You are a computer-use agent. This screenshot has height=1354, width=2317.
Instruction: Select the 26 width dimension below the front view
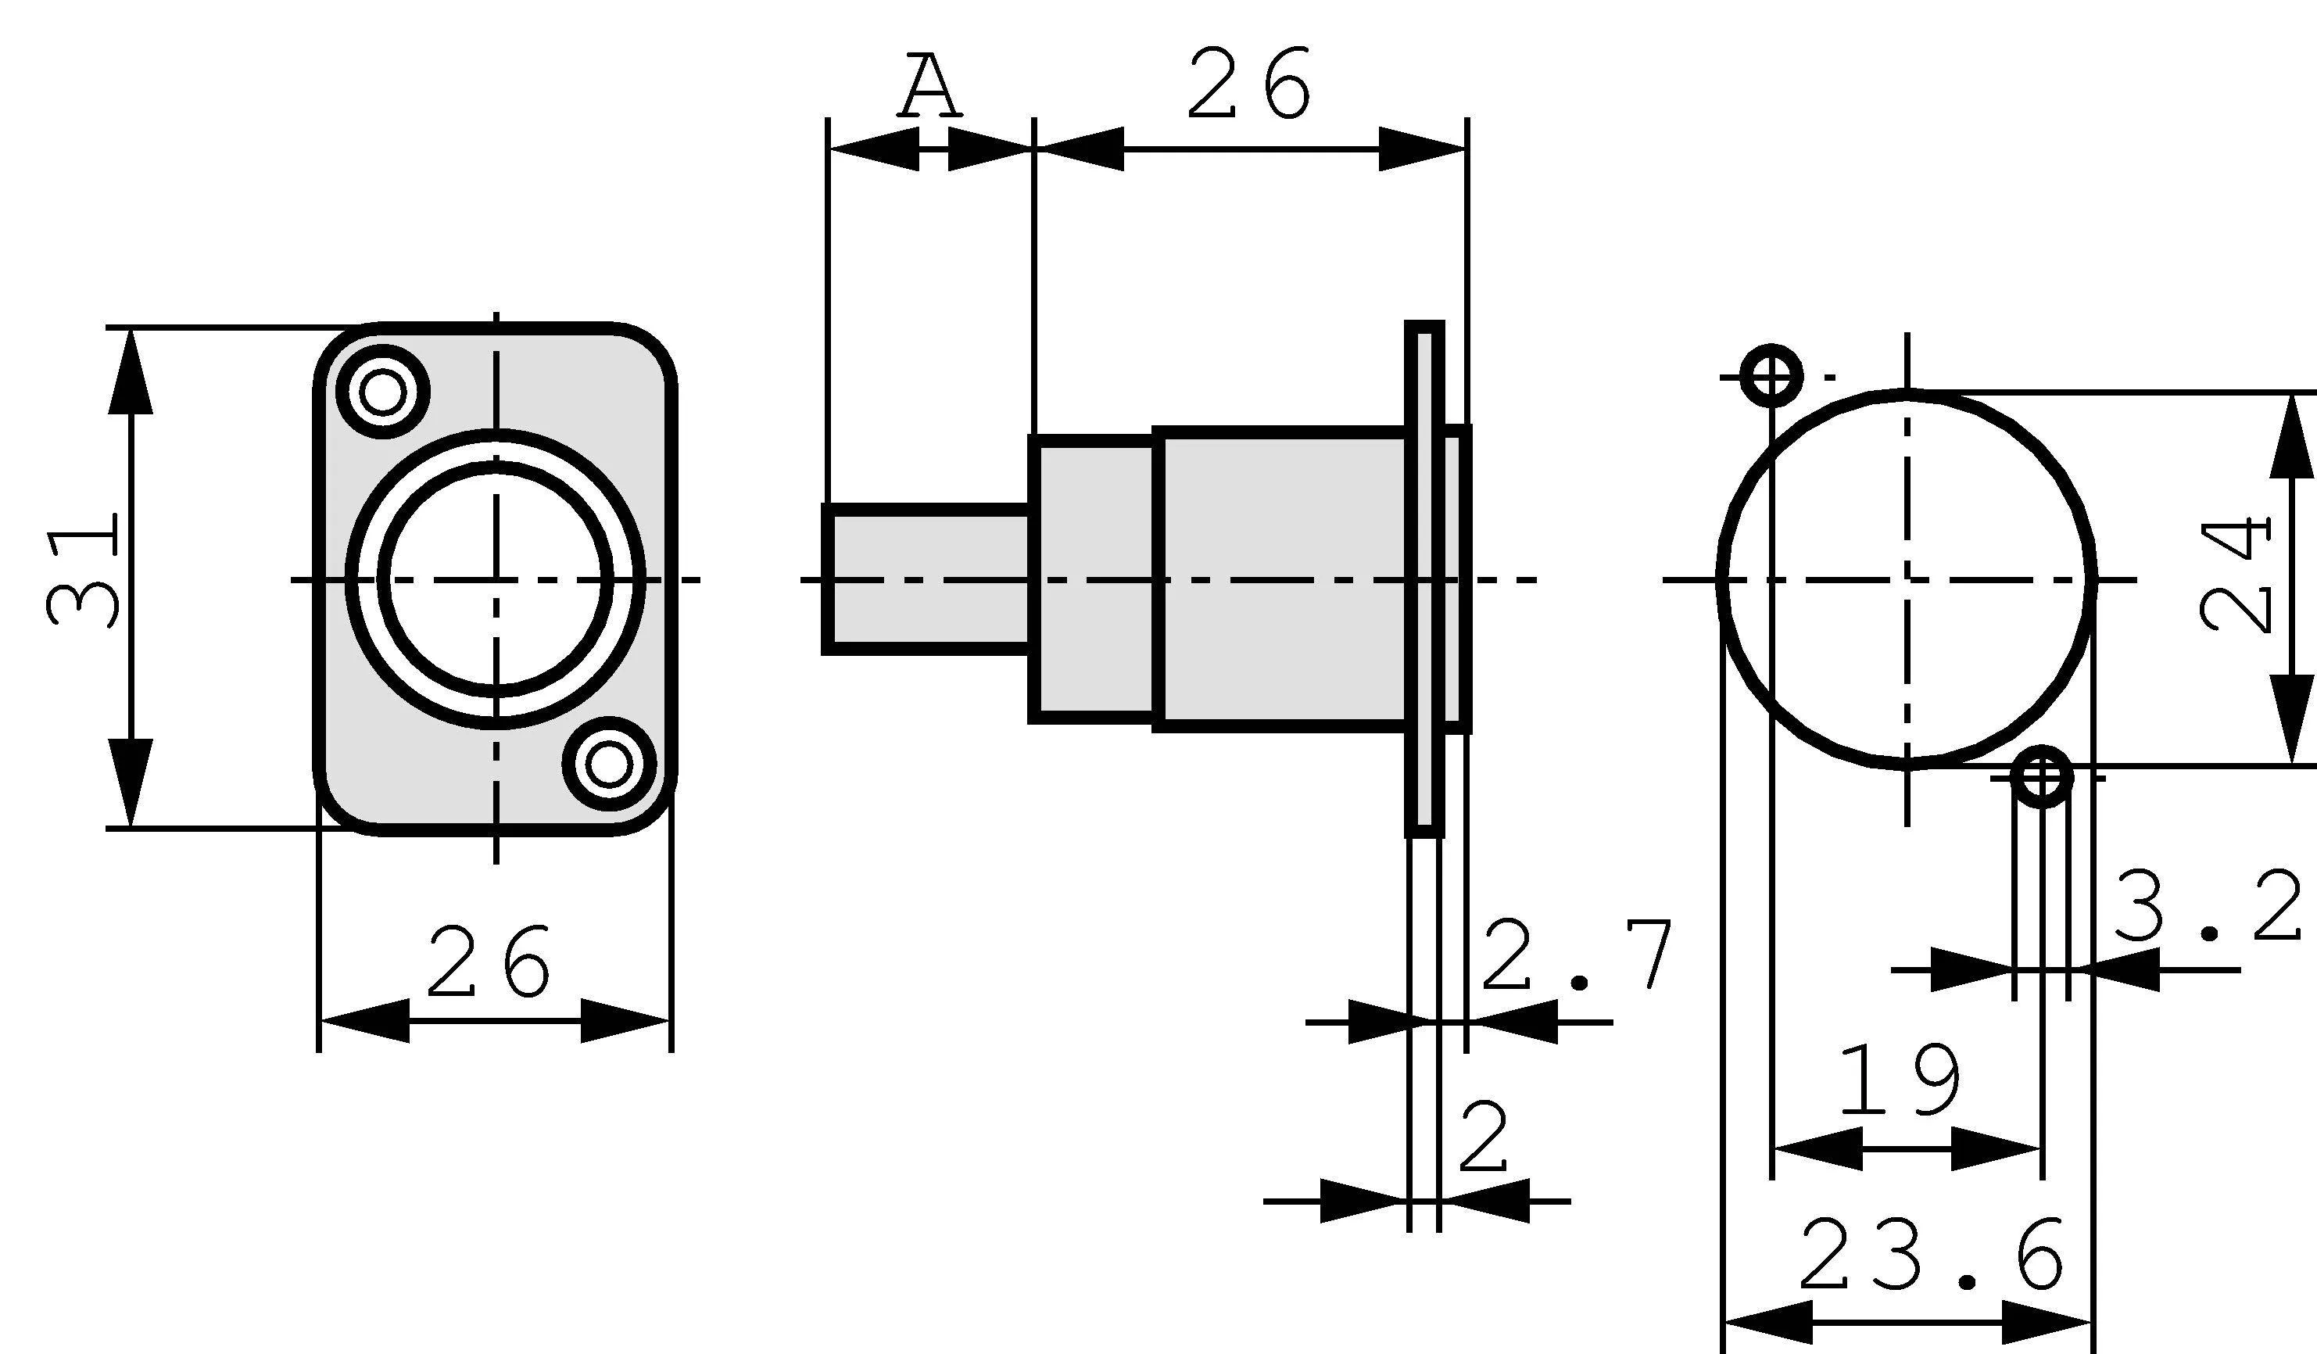coord(489,962)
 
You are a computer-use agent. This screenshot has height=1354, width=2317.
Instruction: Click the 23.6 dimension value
coord(1932,1255)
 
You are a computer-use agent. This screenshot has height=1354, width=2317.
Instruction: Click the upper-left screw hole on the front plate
coord(382,392)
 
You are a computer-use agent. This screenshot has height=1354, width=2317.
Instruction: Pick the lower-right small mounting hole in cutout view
coord(2042,778)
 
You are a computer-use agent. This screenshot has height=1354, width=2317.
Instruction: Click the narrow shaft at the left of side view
coord(927,579)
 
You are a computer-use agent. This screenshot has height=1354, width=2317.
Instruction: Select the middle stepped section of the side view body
coord(1092,579)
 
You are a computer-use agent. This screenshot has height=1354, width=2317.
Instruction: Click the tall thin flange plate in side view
coord(1424,579)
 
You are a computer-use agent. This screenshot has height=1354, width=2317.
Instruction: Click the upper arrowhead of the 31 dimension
coord(130,372)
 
